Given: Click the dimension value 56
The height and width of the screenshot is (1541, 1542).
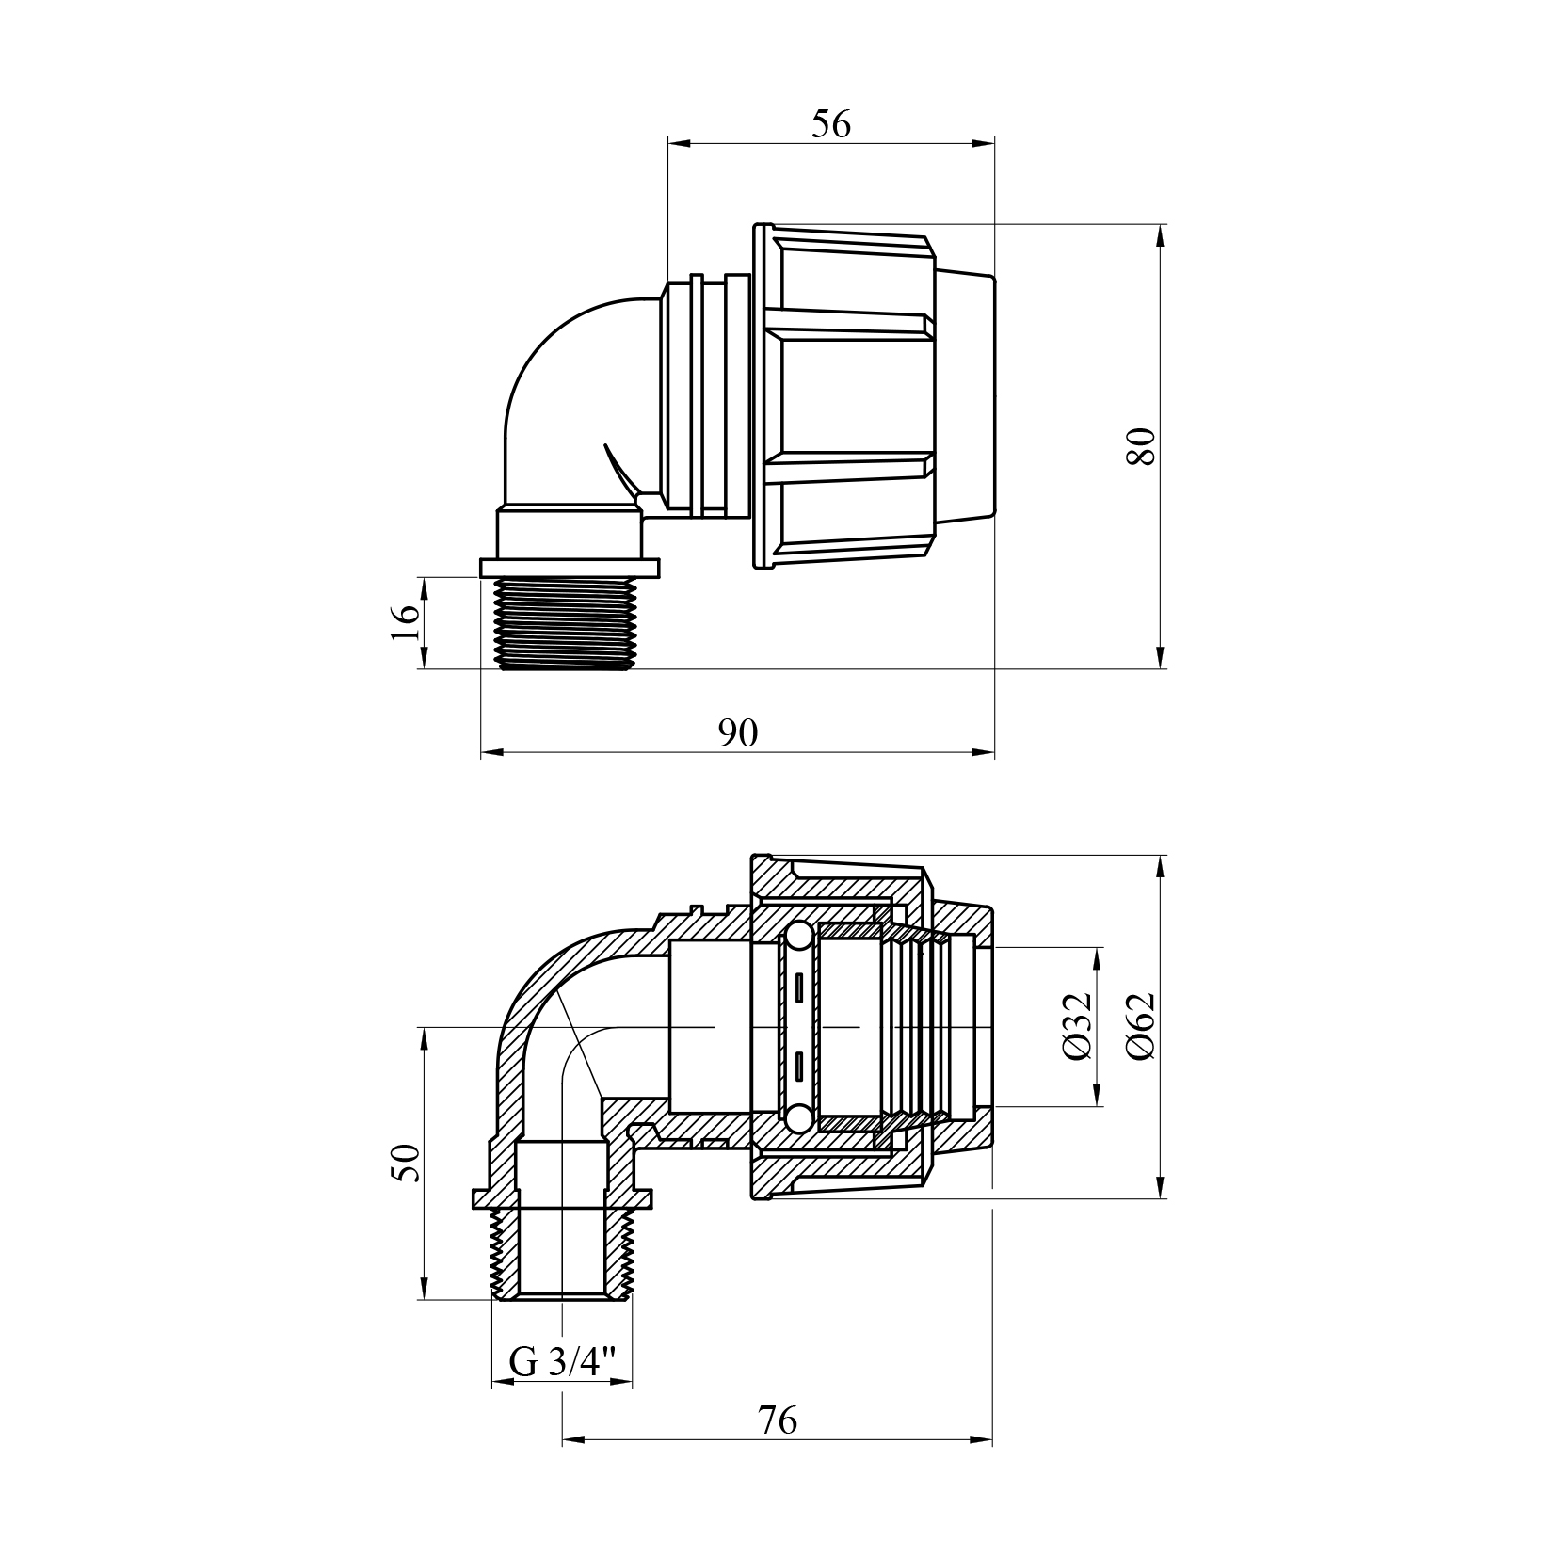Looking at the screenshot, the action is tap(830, 124).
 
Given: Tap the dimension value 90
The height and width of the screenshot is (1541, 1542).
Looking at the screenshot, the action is tap(737, 733).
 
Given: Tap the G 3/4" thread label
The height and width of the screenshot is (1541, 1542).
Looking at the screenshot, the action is tap(562, 1362).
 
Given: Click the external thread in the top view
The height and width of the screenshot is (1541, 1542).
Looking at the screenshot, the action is tap(562, 624).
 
